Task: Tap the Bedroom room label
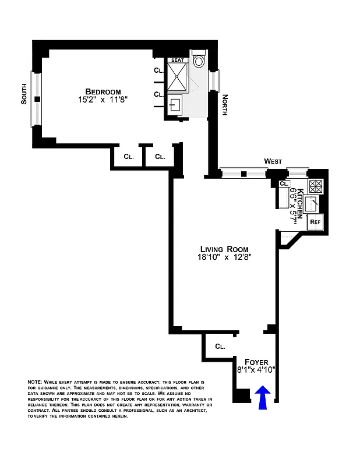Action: (x=103, y=91)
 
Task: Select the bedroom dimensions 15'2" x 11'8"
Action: (x=103, y=100)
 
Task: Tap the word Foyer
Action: (x=256, y=361)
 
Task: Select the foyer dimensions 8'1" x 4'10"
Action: (x=256, y=369)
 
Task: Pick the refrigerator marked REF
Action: (x=315, y=221)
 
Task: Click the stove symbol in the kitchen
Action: (x=315, y=186)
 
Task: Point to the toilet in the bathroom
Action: (x=199, y=61)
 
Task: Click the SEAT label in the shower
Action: (x=177, y=60)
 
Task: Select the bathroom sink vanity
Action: (x=175, y=105)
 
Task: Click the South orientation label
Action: (x=24, y=96)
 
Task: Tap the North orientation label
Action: (x=224, y=105)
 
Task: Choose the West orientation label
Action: (x=273, y=161)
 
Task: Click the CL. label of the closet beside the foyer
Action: (x=220, y=346)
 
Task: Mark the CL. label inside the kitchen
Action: (x=284, y=184)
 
